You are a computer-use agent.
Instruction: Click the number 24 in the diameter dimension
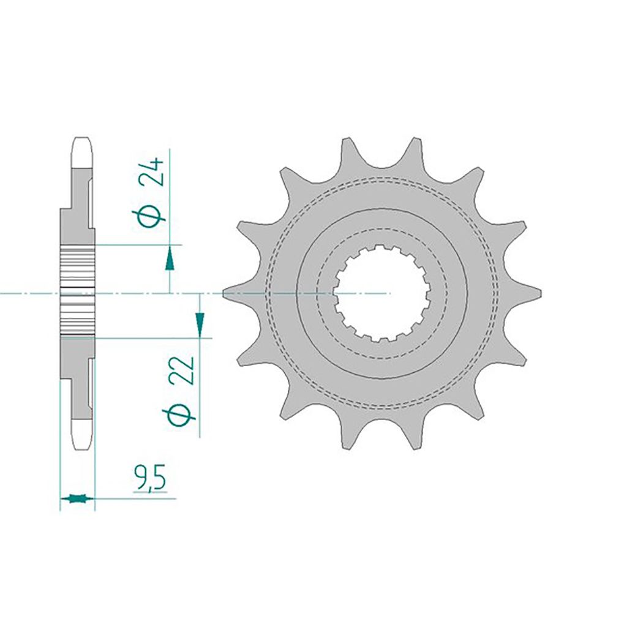(152, 172)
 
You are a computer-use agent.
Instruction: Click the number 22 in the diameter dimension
(182, 370)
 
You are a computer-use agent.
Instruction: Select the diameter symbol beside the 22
(182, 416)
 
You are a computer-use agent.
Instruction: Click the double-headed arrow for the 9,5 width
(78, 498)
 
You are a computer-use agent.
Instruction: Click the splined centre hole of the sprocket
(381, 293)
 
